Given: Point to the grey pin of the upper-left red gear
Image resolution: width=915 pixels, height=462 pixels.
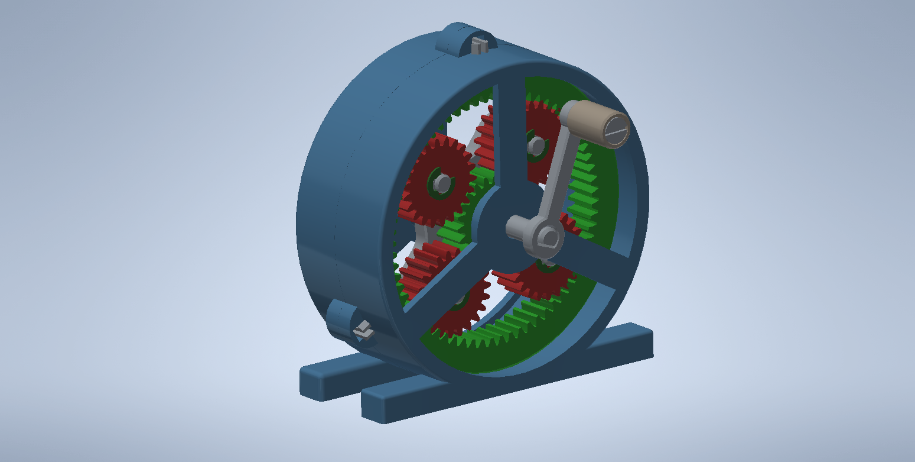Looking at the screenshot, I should click(441, 183).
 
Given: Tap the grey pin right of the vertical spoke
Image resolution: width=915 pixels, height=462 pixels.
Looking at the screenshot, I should click(537, 144).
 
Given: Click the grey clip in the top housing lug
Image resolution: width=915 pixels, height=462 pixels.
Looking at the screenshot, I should click(479, 45).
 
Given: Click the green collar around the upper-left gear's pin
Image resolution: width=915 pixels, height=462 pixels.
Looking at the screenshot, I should click(448, 193).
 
